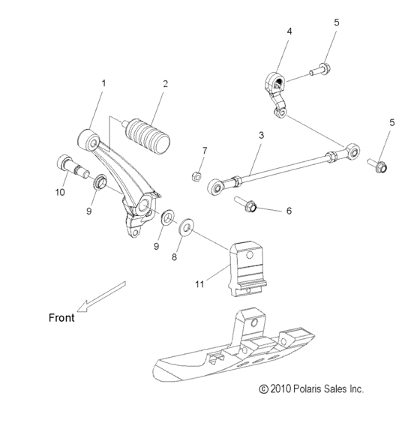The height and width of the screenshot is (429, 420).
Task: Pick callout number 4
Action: [289, 31]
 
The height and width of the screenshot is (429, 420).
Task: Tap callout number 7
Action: [203, 151]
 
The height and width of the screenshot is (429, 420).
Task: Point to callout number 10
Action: [60, 193]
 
